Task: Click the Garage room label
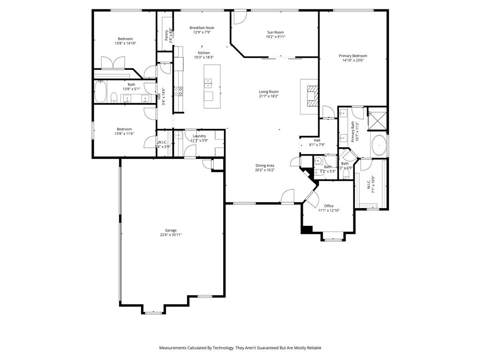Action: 171,230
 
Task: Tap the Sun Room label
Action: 276,32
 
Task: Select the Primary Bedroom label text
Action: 352,56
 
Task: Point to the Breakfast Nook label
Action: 202,28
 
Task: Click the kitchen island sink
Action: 208,83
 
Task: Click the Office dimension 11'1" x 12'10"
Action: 329,210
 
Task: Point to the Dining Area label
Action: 264,165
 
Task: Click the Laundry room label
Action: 199,136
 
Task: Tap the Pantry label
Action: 166,35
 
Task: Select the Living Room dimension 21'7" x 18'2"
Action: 269,96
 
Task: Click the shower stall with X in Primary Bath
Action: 377,118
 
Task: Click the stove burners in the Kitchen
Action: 178,91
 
